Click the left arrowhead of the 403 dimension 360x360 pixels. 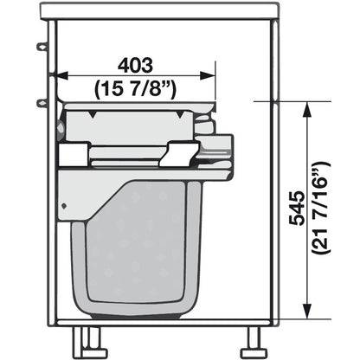pyautogui.click(x=62, y=76)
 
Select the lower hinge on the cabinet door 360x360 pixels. pyautogui.click(x=41, y=104)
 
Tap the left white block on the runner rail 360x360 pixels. pyautogui.click(x=73, y=156)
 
